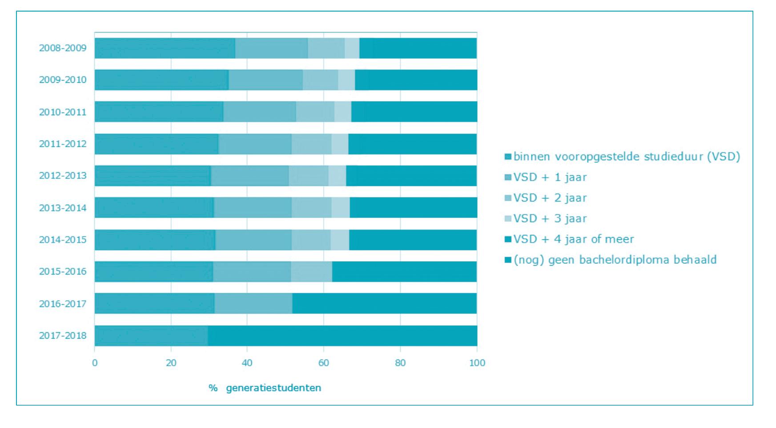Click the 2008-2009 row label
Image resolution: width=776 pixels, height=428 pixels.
(63, 48)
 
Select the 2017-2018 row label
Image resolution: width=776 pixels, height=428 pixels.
(63, 335)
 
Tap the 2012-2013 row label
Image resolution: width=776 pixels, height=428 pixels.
(63, 176)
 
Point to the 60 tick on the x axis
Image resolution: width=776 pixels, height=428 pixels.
(323, 363)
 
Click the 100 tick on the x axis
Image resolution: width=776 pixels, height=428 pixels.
(477, 363)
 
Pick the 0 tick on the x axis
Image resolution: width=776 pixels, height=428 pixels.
(95, 363)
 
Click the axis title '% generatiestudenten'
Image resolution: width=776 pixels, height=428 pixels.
(265, 388)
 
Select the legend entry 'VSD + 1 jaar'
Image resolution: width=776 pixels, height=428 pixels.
(546, 177)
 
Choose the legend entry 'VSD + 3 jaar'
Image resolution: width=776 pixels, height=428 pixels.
(546, 218)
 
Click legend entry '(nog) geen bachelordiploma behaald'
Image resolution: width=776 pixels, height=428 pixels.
(611, 260)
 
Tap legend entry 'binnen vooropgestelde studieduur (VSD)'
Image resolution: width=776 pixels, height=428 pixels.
(622, 157)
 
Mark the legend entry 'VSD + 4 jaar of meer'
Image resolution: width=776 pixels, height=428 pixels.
(569, 239)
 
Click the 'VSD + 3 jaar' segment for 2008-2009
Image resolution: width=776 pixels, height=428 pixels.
(352, 48)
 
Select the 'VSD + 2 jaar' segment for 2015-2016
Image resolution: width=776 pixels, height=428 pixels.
(311, 271)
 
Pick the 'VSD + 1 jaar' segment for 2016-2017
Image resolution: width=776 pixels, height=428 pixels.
(253, 303)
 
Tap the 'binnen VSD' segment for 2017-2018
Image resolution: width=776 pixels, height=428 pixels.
(151, 335)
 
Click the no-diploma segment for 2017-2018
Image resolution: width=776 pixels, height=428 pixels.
(342, 335)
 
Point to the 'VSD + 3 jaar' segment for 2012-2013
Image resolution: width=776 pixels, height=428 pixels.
(337, 176)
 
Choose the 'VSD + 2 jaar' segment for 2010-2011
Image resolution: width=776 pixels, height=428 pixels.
(315, 112)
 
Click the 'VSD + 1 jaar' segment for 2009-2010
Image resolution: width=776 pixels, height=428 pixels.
(265, 80)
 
